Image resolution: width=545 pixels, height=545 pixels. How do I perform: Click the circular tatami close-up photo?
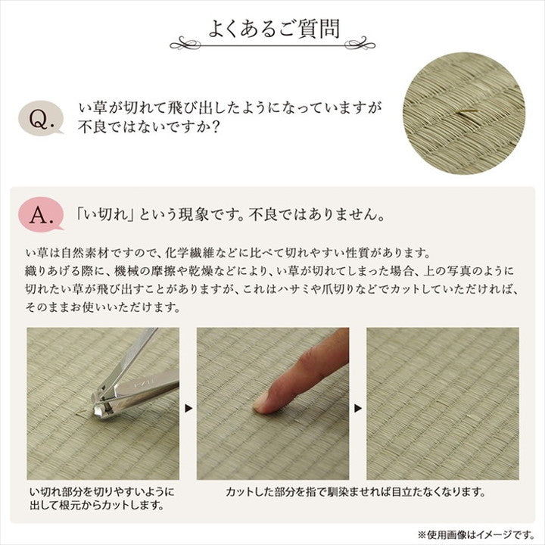tap(463, 114)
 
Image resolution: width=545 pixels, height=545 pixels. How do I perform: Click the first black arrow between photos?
tap(188, 409)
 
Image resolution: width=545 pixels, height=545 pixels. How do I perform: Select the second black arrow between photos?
tap(358, 409)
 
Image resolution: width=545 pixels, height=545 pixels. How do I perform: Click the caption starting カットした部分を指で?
tap(355, 492)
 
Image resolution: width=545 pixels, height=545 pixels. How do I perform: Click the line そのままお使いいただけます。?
tap(102, 307)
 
